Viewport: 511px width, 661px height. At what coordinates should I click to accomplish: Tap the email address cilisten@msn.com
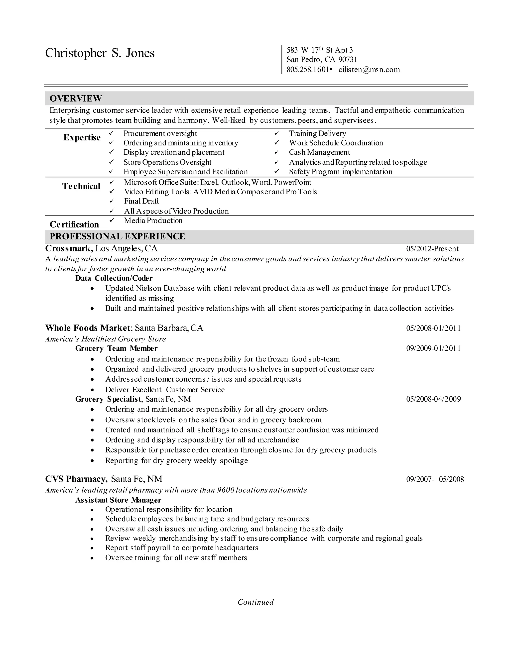[369, 70]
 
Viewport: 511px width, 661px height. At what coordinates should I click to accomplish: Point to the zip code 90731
[348, 60]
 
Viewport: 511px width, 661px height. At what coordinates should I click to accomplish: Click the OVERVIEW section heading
[76, 98]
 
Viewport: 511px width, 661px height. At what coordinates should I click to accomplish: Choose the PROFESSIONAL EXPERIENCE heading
[117, 236]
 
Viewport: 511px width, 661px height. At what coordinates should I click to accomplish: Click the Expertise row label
[82, 137]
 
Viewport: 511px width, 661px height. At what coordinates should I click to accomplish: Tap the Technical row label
[81, 186]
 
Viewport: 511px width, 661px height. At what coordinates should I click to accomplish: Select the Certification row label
[74, 224]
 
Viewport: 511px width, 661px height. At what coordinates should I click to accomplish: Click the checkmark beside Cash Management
[277, 152]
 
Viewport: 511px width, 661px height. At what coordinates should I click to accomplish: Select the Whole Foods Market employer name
[88, 328]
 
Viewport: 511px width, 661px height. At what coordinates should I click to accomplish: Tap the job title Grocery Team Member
[116, 348]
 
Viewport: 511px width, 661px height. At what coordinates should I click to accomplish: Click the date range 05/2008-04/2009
[433, 399]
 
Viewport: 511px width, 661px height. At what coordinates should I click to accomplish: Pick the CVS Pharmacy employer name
[76, 479]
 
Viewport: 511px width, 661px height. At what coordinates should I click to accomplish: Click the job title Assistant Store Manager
[118, 500]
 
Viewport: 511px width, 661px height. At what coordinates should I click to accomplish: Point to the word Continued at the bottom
[255, 602]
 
